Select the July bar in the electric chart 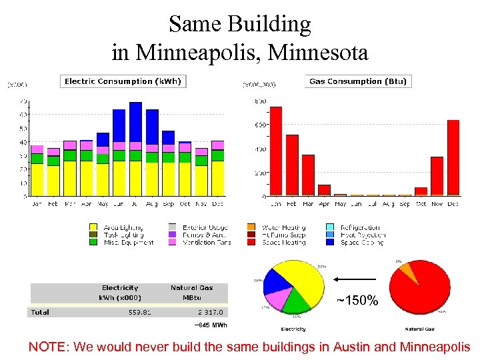[x=135, y=149]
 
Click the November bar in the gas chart [x=437, y=176]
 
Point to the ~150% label [x=357, y=301]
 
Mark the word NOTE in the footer [x=47, y=347]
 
